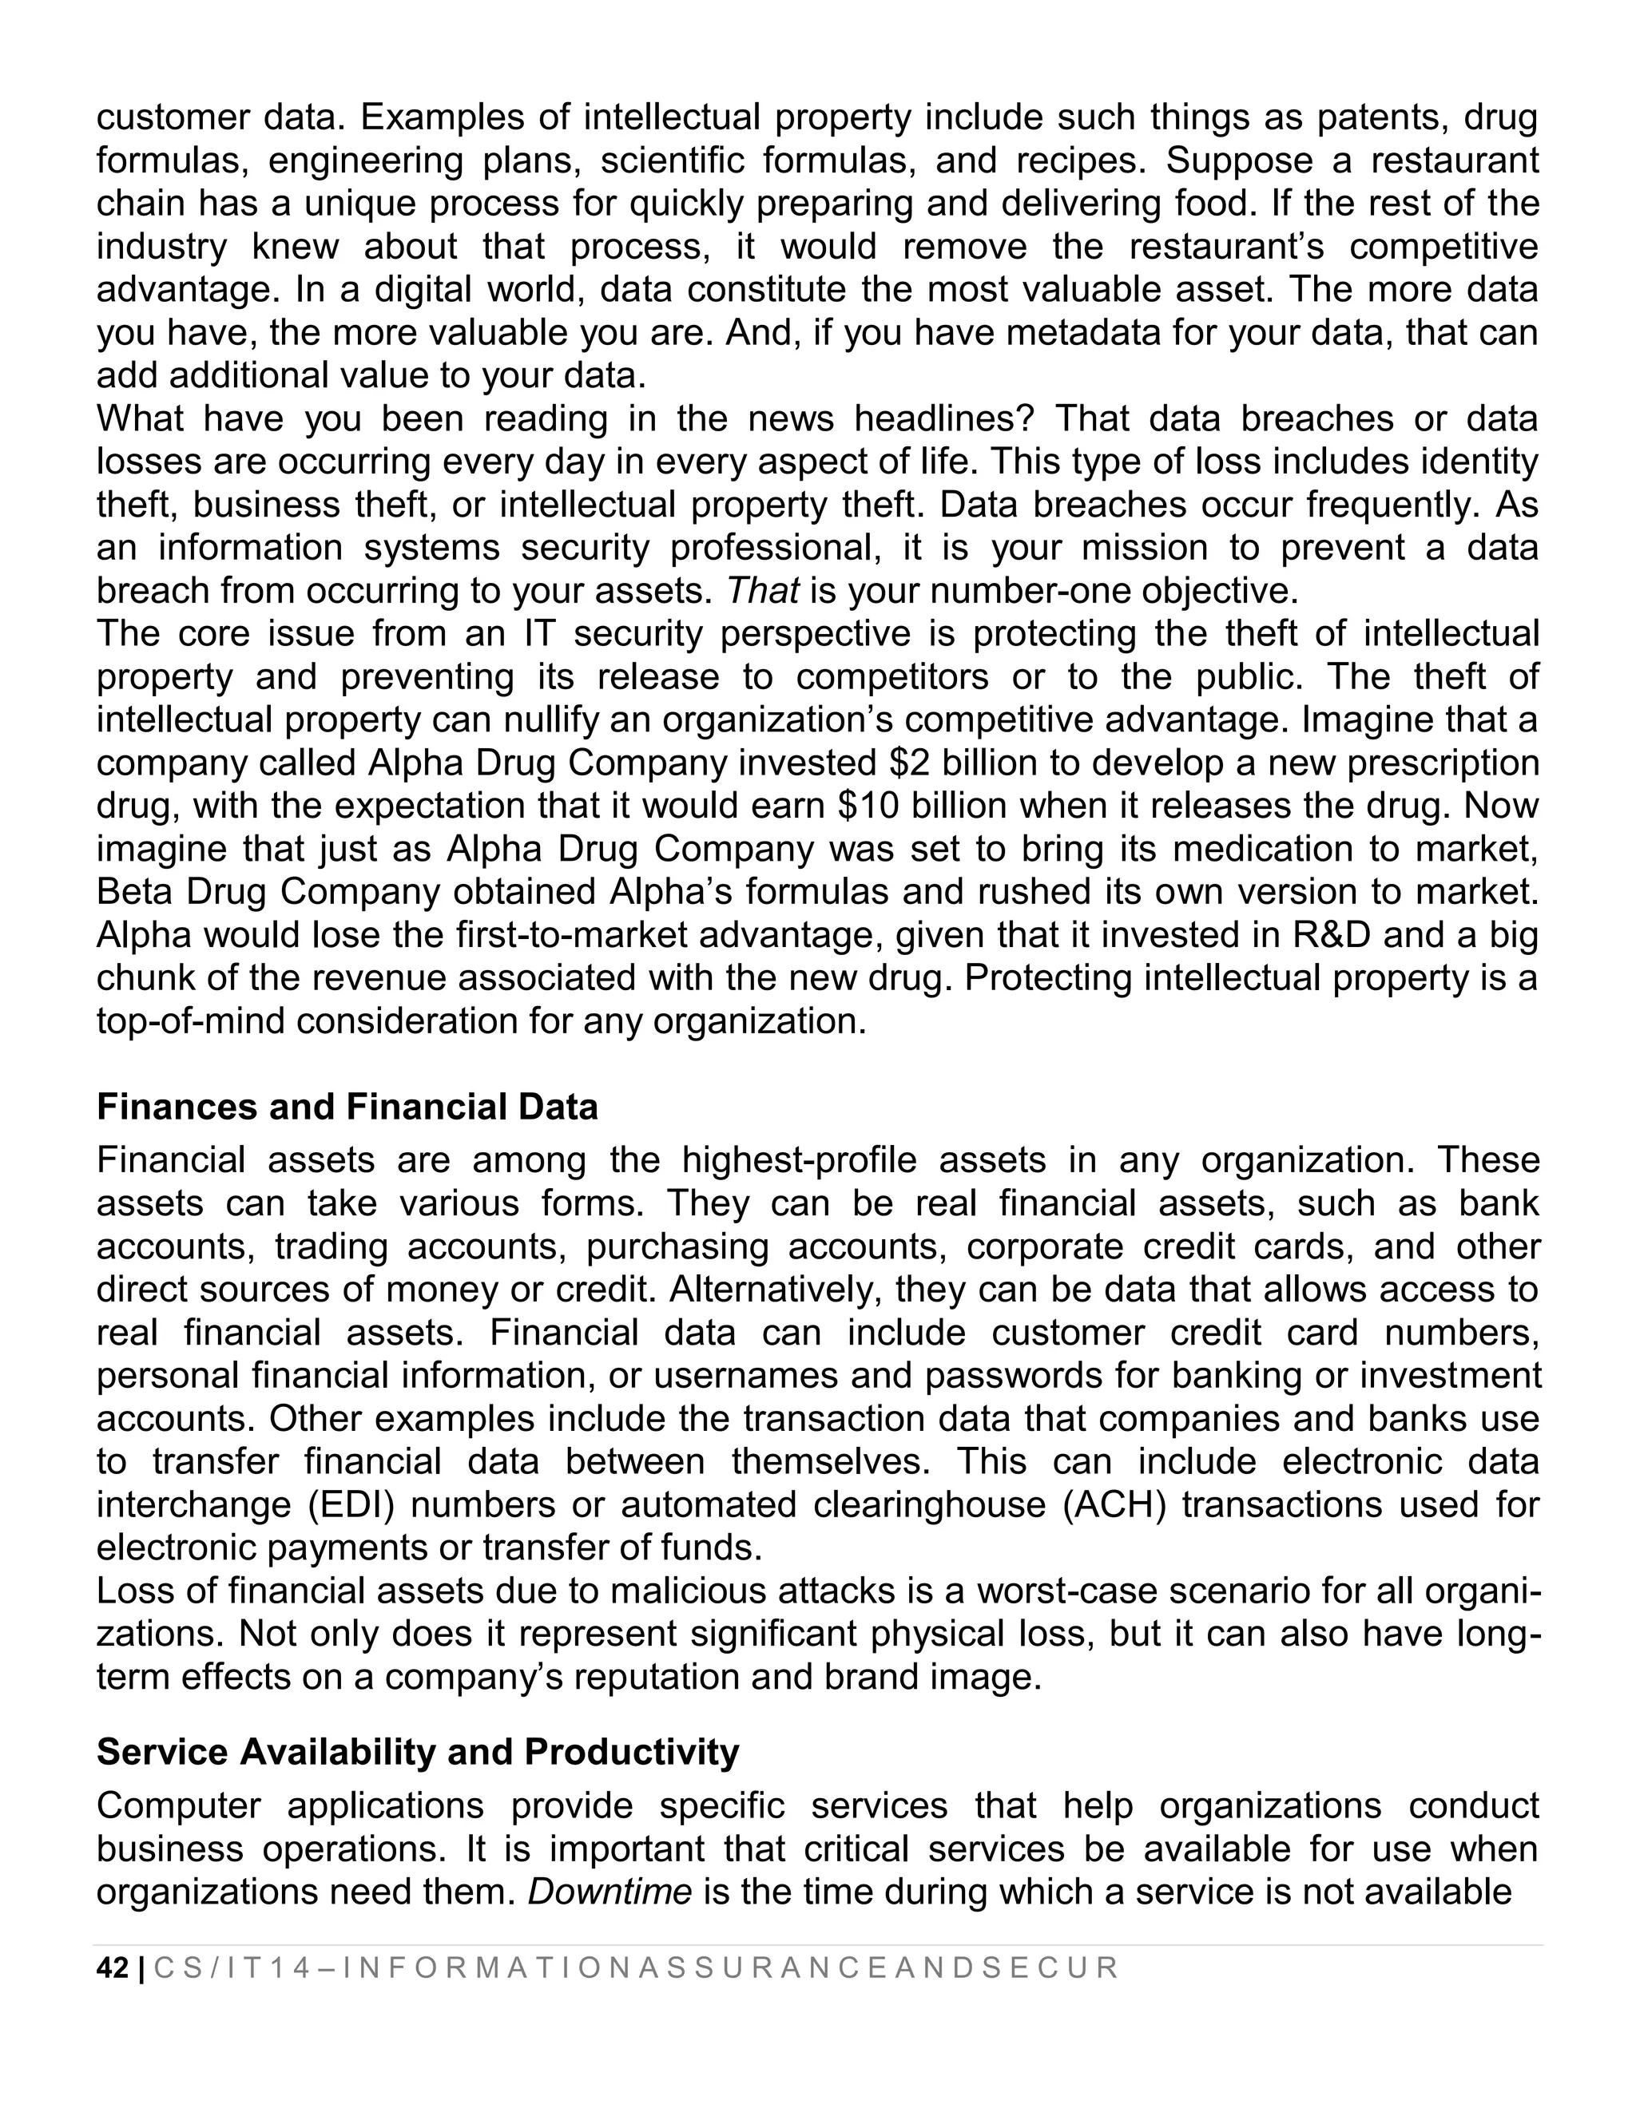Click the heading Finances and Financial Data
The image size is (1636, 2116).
point(347,1107)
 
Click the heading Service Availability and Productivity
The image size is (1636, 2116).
point(418,1752)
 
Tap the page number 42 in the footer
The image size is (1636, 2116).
point(113,1967)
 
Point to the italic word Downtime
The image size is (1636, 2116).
point(610,1891)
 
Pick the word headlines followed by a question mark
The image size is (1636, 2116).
point(945,418)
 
